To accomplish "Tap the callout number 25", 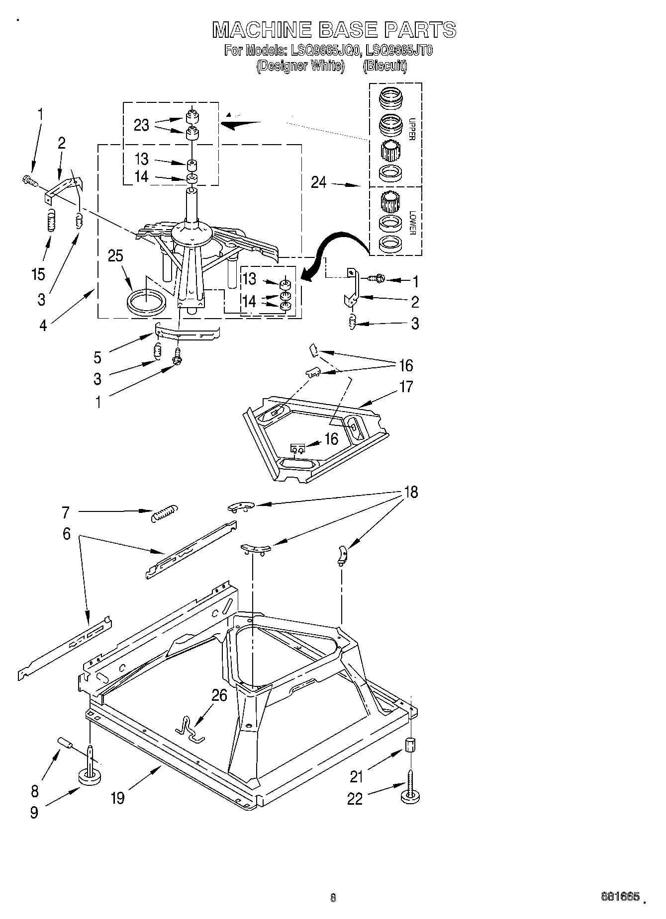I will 115,256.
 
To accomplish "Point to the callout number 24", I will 319,183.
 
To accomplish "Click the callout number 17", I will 406,387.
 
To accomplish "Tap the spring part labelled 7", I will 164,512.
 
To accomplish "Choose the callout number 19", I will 118,798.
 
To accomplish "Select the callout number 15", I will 38,274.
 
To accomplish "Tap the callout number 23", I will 141,125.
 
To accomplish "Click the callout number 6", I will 66,534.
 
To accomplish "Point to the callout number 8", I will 34,791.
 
